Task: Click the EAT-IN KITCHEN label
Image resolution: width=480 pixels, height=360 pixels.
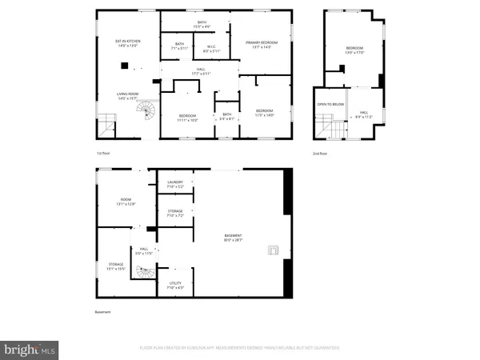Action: (128, 43)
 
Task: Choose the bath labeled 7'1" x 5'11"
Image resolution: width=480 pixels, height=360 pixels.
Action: (179, 46)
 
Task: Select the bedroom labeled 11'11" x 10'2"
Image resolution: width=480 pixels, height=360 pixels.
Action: (187, 118)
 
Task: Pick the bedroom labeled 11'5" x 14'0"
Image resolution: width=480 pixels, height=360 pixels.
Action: (264, 112)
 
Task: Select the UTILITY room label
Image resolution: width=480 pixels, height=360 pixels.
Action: (174, 286)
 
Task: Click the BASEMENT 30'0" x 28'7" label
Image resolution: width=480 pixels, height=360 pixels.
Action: (232, 238)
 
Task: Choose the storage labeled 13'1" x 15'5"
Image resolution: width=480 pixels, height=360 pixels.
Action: (117, 266)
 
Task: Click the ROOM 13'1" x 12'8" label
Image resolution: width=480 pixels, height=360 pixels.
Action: (126, 202)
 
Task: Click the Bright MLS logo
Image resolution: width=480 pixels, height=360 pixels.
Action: (30, 349)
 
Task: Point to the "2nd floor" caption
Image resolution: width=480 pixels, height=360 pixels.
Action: (320, 153)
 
